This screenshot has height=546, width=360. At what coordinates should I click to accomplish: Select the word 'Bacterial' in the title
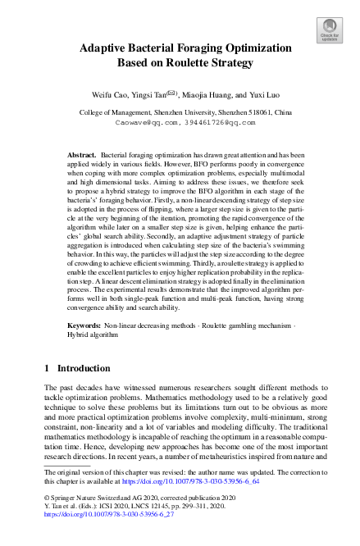(x=163, y=47)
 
